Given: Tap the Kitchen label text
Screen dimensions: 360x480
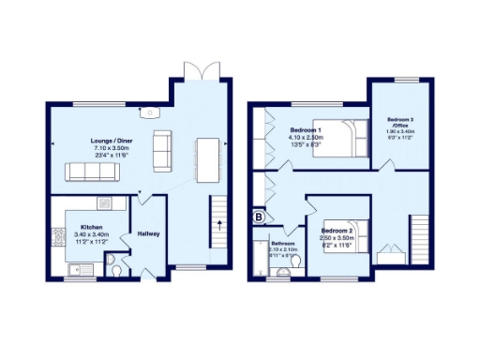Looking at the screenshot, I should tap(91, 227).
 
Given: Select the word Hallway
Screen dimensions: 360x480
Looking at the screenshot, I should tap(148, 233).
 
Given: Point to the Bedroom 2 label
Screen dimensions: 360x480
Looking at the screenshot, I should tap(336, 230).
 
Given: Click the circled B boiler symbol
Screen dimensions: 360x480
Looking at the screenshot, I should tap(260, 217).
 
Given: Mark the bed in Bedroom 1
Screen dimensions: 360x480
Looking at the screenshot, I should tap(336, 138).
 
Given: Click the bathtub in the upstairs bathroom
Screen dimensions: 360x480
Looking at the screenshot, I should tap(260, 259).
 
